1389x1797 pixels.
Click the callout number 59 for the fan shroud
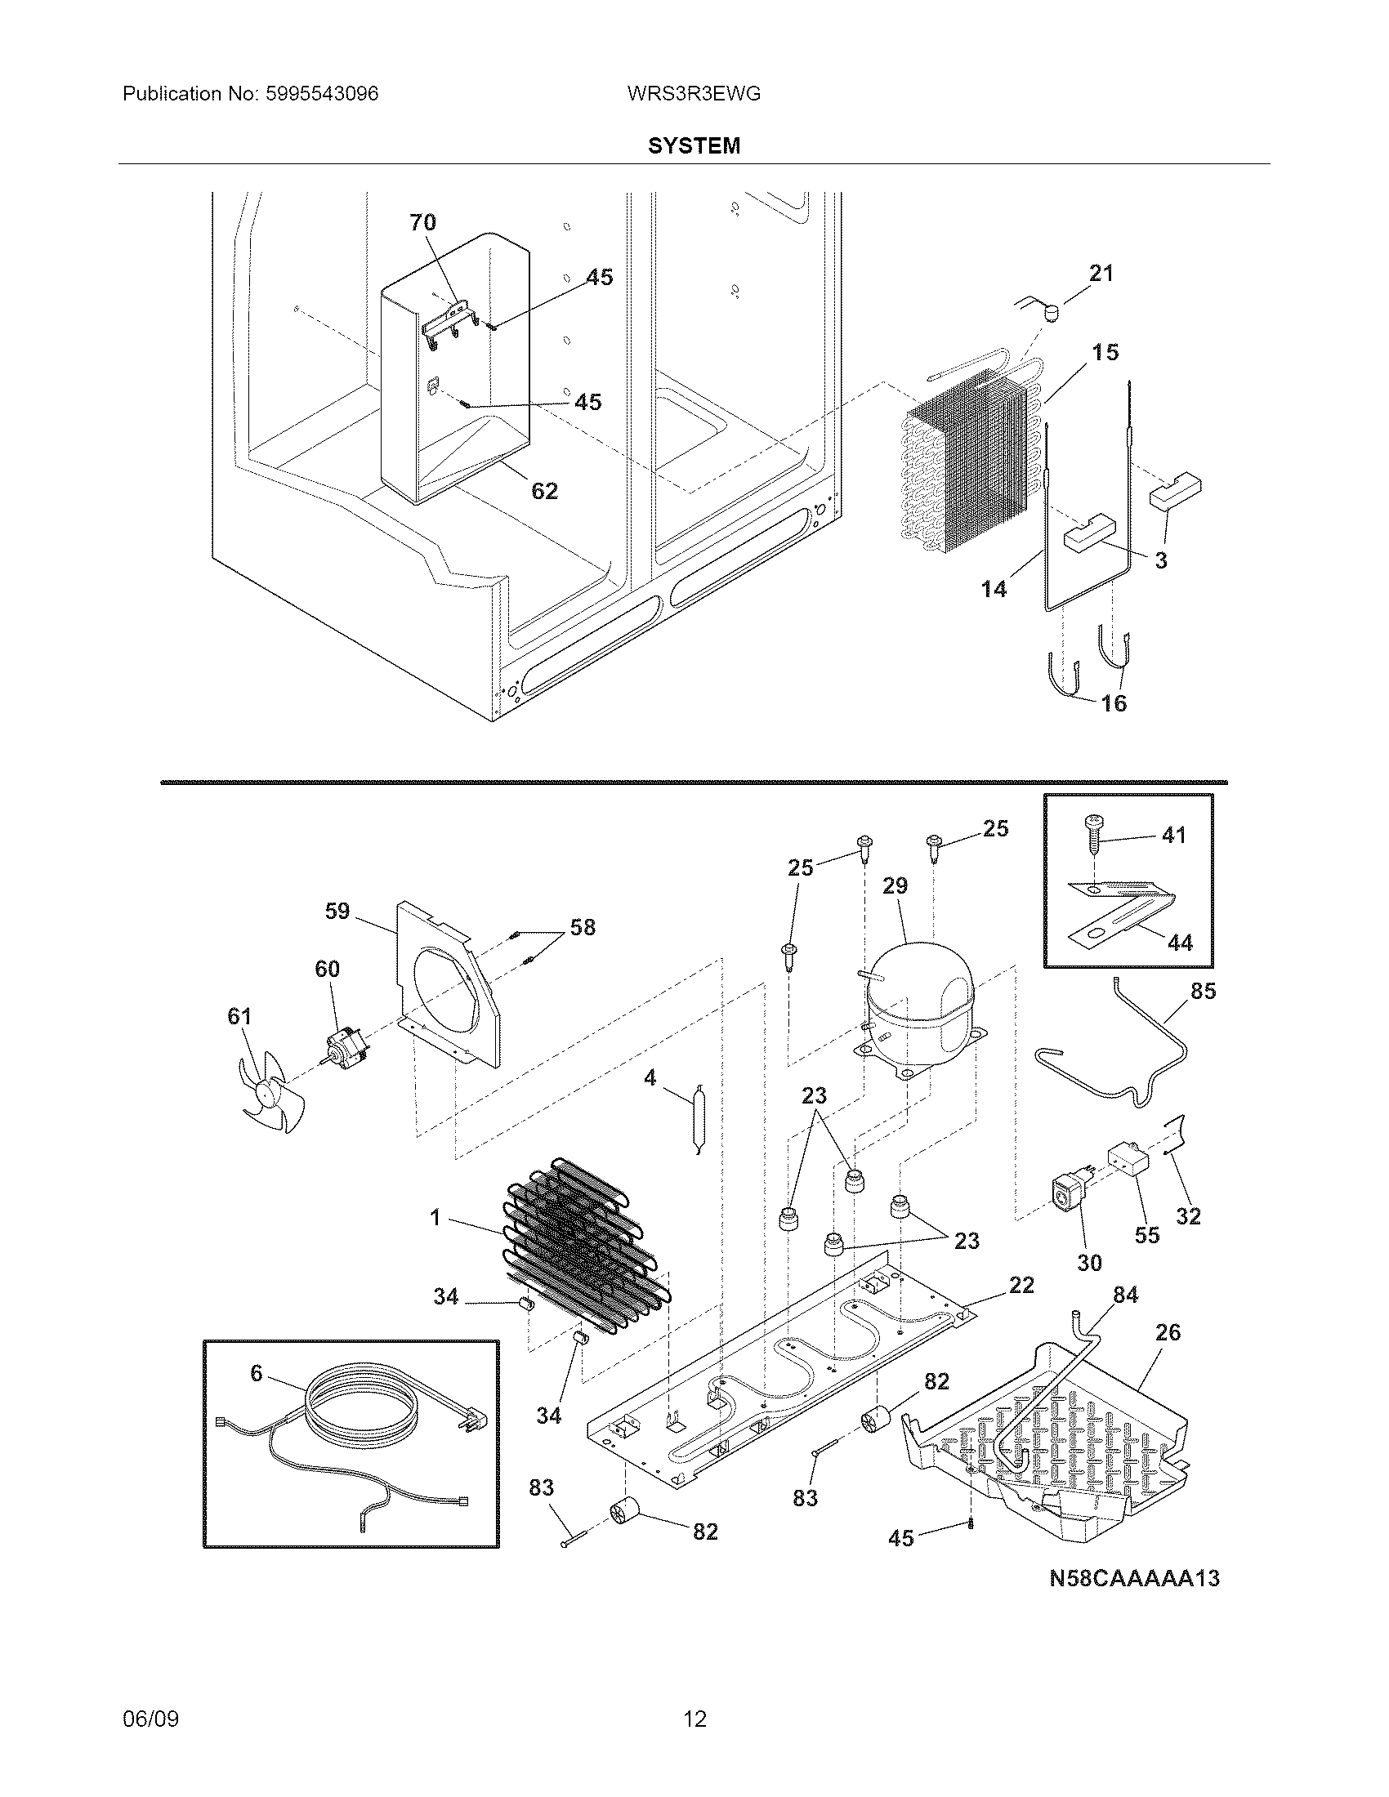337,911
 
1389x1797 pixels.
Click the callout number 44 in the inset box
1180,942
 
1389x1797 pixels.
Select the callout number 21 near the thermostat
1101,273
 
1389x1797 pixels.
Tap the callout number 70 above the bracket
422,222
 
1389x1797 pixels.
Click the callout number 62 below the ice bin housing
544,491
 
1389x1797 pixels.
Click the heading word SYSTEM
694,145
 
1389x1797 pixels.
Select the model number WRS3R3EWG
693,94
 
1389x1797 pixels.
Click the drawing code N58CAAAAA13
1134,1578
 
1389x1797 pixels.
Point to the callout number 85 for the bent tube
1202,991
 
